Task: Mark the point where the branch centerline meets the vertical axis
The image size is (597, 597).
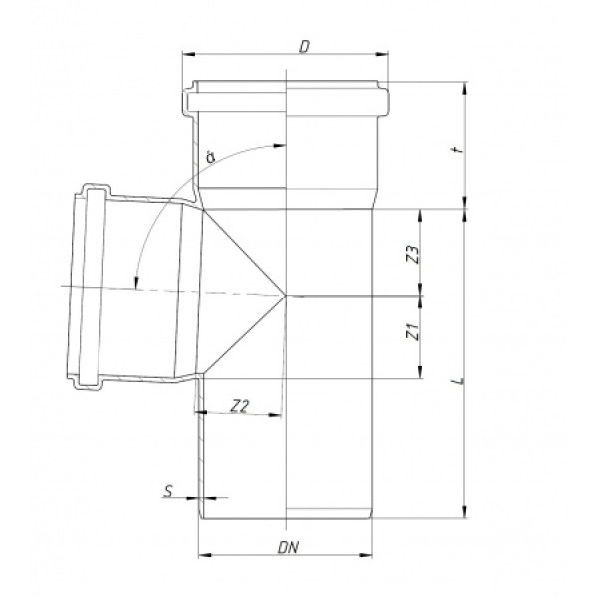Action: pos(287,295)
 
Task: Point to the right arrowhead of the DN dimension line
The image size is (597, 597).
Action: pos(373,554)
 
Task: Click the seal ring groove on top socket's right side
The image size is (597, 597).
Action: pos(382,100)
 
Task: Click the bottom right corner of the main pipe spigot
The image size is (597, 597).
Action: pos(372,518)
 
